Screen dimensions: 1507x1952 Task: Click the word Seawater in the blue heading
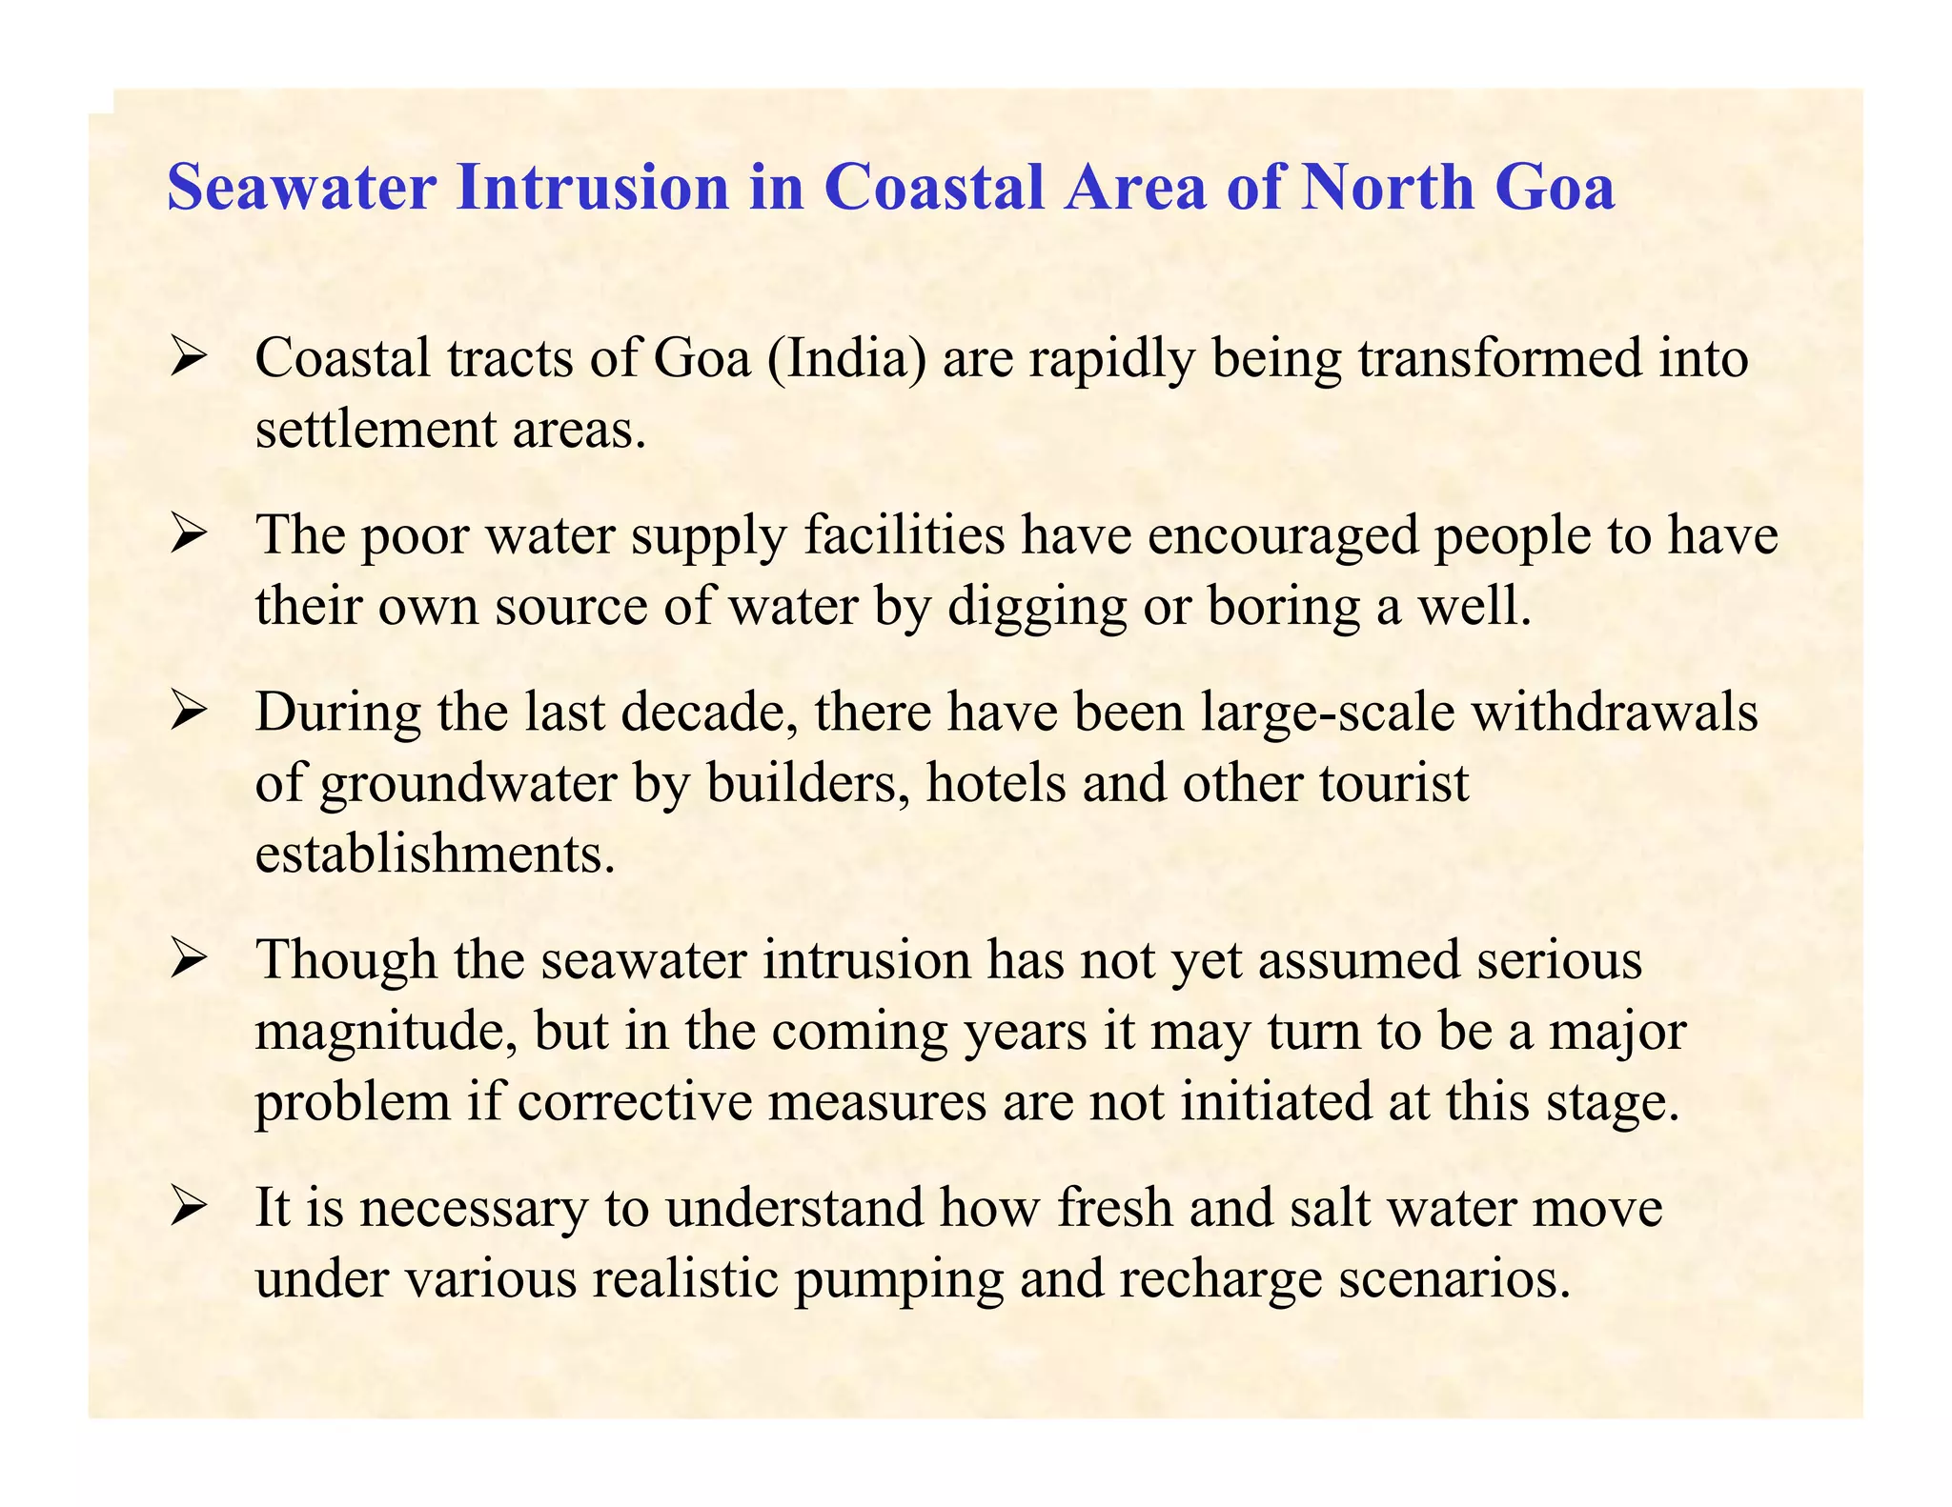301,187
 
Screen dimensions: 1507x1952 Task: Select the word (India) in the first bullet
845,360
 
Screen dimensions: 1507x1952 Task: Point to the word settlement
376,431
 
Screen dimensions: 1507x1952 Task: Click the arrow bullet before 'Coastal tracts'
189,360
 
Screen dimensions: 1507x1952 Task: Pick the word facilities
905,535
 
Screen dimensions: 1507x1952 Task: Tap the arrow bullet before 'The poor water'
189,536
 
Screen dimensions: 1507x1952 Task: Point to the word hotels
995,784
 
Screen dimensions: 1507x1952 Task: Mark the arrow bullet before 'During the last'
189,713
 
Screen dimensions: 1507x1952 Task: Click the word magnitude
386,1032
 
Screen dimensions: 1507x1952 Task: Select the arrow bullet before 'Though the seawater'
189,961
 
